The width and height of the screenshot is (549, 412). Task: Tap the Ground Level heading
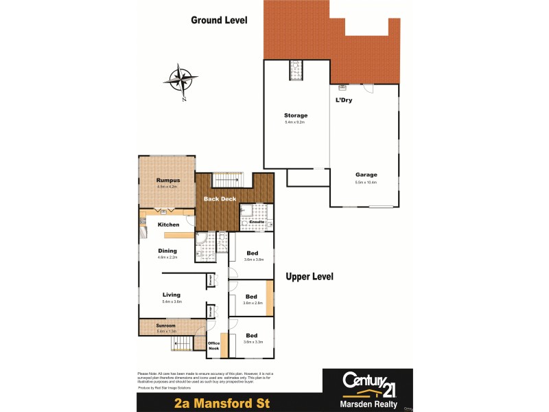tap(218, 21)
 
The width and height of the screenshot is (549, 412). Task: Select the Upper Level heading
tap(309, 277)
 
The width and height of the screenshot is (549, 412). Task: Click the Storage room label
tap(296, 115)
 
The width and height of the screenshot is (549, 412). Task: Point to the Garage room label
tap(366, 174)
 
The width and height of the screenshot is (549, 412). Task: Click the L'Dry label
tap(343, 101)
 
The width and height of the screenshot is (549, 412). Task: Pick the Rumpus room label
tap(167, 180)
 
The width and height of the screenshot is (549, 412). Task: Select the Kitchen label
tap(168, 225)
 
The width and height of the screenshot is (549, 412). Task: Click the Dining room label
tap(167, 251)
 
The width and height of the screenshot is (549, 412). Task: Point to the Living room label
tap(171, 295)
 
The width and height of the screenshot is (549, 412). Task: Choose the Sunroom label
tap(166, 325)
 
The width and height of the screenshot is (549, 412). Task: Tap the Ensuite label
tap(257, 222)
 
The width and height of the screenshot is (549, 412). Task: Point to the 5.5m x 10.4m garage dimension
tap(366, 183)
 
